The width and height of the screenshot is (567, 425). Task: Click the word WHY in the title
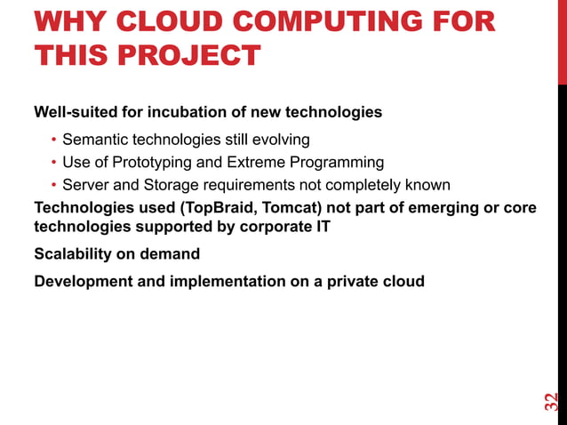click(65, 21)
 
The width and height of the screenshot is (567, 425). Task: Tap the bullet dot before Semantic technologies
click(53, 140)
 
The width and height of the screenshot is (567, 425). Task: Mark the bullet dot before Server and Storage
click(53, 186)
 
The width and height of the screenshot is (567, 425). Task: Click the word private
click(353, 282)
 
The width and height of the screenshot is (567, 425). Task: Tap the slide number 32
click(552, 401)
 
